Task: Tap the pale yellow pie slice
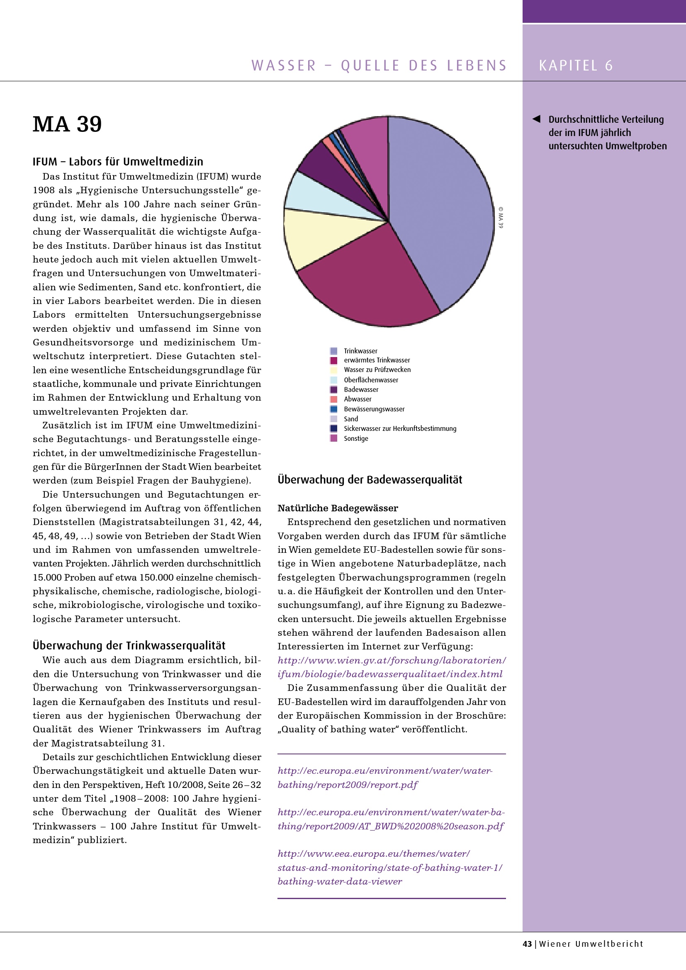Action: pos(321,236)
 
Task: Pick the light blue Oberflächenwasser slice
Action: pos(325,197)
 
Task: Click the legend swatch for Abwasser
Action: pos(334,399)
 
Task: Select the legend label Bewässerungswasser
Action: pos(374,409)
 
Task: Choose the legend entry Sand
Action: pos(350,419)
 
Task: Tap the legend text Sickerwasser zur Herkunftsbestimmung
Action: pos(399,428)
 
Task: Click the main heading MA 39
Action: pos(67,124)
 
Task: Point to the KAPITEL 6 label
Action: pos(575,66)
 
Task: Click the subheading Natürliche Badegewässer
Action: pos(338,508)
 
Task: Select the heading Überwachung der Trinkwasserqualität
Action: pos(129,646)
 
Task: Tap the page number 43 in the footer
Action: pos(527,944)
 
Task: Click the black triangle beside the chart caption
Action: pos(536,119)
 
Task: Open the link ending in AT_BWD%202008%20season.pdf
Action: pos(390,827)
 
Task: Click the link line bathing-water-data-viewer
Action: pos(340,882)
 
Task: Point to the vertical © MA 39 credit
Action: pos(501,218)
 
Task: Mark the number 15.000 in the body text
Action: pos(48,578)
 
